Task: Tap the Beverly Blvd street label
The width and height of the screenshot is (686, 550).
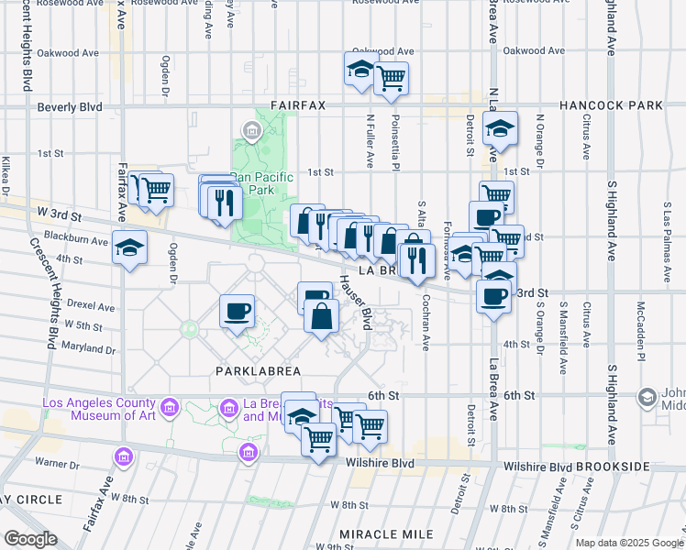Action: [70, 107]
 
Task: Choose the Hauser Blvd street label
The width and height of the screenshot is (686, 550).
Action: [354, 303]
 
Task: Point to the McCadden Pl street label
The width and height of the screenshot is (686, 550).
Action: [643, 340]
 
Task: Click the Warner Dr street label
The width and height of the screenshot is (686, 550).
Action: [58, 465]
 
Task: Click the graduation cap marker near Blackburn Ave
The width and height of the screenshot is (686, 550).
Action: [129, 248]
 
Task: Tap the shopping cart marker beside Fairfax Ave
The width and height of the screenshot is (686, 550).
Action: [156, 190]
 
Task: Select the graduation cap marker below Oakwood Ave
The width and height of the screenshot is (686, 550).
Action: [361, 70]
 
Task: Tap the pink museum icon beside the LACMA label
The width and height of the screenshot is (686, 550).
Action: [169, 406]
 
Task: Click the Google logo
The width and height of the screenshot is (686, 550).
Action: [31, 539]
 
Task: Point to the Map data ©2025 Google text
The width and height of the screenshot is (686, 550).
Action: [628, 543]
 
